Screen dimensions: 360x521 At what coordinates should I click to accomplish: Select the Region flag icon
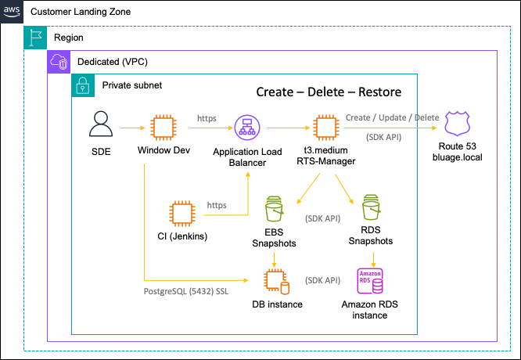point(35,37)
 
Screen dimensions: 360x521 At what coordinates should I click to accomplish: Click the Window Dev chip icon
point(162,126)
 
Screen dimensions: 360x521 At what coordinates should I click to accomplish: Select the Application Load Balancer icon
point(246,126)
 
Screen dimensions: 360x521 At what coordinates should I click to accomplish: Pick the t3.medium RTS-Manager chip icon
point(325,126)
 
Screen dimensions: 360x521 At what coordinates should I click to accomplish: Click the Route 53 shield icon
point(457,125)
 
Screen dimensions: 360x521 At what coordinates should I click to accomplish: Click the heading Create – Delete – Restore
point(329,92)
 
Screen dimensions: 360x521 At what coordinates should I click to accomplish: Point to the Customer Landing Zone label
point(80,13)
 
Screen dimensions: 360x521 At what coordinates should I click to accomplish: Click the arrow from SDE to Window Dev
point(131,126)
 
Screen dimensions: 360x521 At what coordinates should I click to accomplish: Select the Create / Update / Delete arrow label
point(392,117)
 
